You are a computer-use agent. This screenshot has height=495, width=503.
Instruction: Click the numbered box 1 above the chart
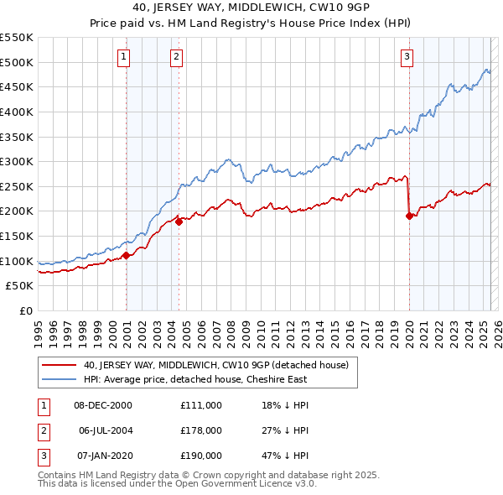(x=123, y=57)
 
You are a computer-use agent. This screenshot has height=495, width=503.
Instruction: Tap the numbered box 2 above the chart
(x=177, y=57)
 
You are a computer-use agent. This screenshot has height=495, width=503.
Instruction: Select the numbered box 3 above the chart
(x=407, y=57)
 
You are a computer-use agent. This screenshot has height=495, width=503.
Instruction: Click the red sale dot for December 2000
(x=126, y=255)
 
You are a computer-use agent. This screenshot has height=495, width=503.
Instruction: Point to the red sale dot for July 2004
(x=179, y=222)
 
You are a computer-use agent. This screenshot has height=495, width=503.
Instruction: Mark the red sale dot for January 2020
(x=409, y=216)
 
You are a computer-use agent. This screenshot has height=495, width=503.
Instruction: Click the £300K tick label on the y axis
(x=18, y=161)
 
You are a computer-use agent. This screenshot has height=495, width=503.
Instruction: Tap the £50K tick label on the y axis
(x=21, y=285)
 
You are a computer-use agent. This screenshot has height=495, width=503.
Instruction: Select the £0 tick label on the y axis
(x=26, y=310)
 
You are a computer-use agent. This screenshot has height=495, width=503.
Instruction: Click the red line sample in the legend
(x=60, y=365)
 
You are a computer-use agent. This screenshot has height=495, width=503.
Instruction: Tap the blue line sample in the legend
(x=60, y=379)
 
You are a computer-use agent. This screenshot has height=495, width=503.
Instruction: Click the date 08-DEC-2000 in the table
(x=103, y=405)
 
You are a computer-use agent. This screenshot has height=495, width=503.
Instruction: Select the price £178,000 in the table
(x=201, y=430)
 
